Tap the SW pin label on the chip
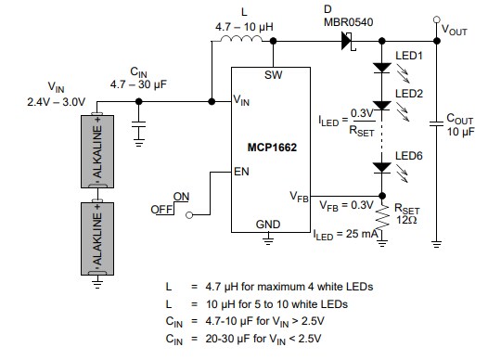(x=273, y=74)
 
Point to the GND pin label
(x=268, y=224)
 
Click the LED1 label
(x=408, y=57)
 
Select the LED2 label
(x=408, y=94)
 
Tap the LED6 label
(x=408, y=155)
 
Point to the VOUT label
(x=455, y=30)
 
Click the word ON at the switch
(x=181, y=197)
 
